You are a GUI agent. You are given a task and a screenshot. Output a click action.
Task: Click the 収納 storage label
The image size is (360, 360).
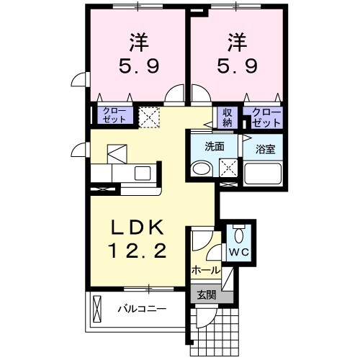[227, 116]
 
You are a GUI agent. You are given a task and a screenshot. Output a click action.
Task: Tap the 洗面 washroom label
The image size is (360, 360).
[215, 146]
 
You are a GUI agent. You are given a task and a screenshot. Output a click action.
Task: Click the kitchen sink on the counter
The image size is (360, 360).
[142, 174]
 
